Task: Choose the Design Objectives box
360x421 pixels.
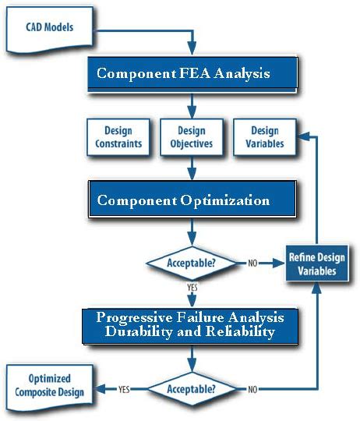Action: (x=191, y=138)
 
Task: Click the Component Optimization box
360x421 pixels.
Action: (x=192, y=200)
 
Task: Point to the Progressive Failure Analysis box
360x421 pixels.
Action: (x=191, y=324)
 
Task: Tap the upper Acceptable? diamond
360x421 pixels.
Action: (x=192, y=264)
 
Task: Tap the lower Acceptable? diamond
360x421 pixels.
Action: (x=192, y=387)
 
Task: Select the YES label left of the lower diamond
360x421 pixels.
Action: (x=123, y=387)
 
